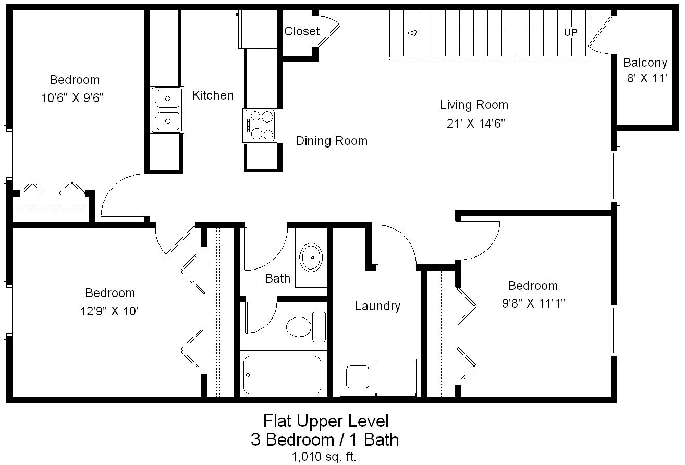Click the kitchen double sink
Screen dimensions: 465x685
167,110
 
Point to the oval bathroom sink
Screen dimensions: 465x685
311,257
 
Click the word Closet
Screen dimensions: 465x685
301,31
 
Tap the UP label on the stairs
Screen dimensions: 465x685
570,32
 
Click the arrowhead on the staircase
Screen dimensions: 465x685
412,33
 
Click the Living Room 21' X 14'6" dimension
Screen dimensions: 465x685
474,124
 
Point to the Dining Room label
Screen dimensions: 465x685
331,141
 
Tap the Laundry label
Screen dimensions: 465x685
377,306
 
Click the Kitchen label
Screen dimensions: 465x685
213,95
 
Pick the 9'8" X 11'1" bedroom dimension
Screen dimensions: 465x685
533,303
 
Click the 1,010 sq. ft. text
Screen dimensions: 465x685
325,457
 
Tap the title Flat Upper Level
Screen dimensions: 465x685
325,420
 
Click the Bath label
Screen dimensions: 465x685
277,278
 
